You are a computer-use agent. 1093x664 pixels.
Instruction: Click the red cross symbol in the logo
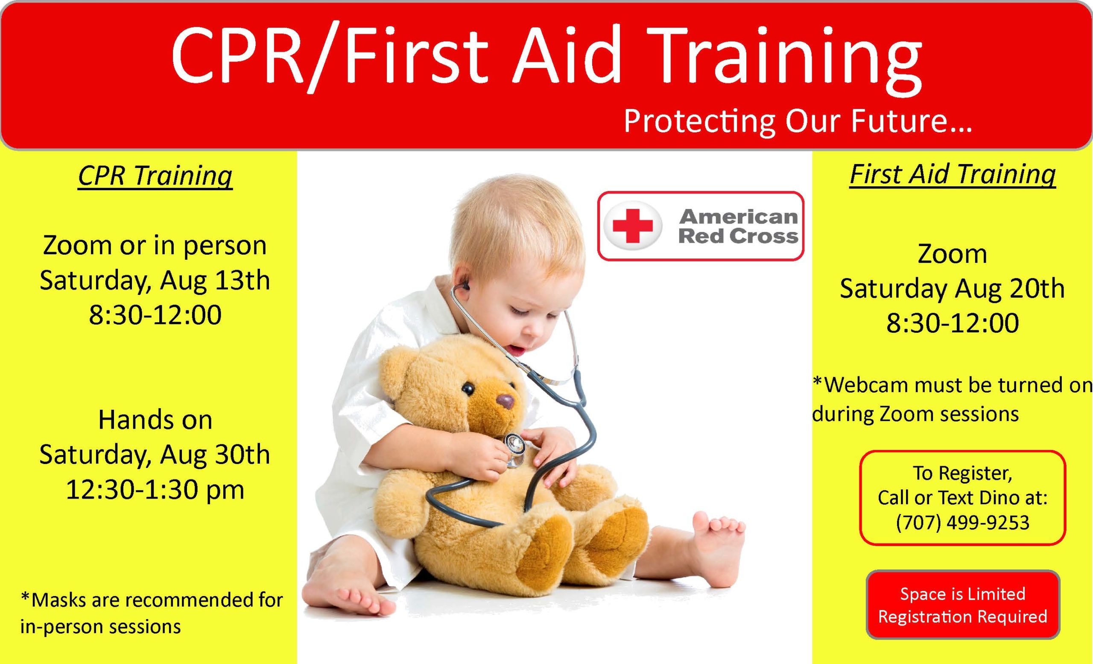click(632, 226)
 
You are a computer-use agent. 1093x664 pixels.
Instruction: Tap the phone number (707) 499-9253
click(962, 523)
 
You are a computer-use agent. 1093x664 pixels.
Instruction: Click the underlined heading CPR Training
click(155, 176)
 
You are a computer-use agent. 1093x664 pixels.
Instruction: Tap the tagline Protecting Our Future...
click(798, 121)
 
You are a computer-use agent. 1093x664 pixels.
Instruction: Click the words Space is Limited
click(963, 594)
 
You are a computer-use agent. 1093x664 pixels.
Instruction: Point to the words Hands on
click(155, 420)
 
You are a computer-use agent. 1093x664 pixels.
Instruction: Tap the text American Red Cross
click(739, 226)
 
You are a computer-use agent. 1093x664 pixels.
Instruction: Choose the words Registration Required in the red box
click(963, 617)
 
